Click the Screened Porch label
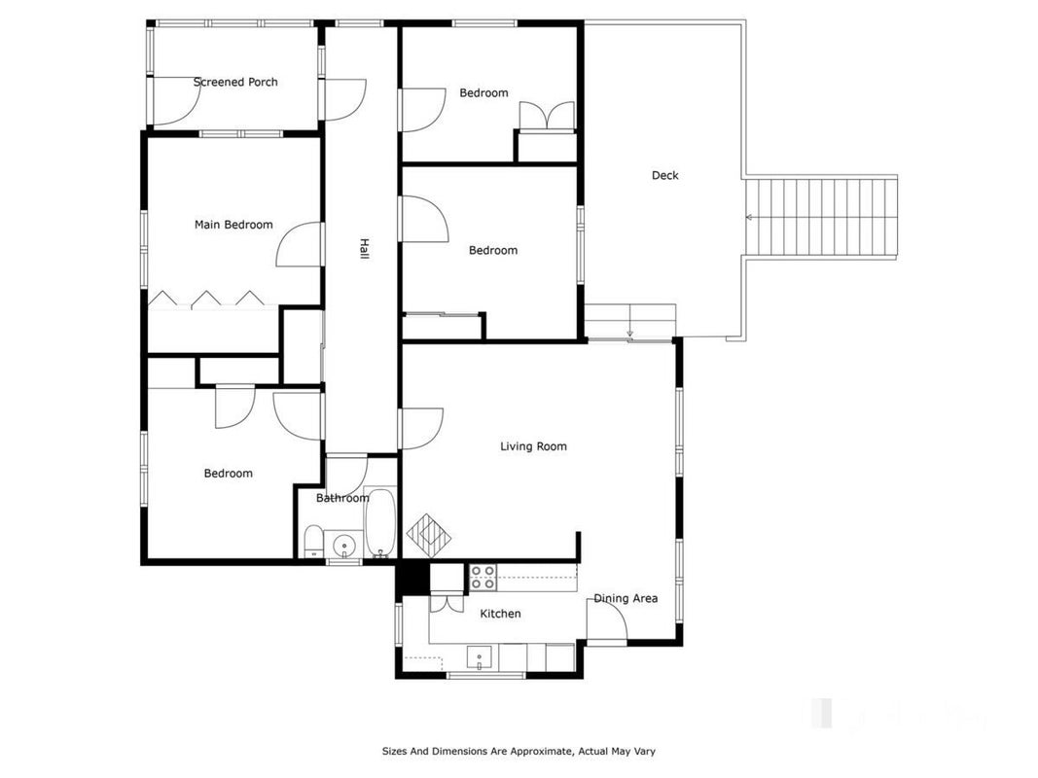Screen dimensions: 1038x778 pyautogui.click(x=235, y=82)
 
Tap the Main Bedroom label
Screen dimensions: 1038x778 pyautogui.click(x=233, y=225)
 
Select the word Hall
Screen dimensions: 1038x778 pyautogui.click(x=364, y=249)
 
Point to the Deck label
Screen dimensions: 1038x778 pyautogui.click(x=665, y=175)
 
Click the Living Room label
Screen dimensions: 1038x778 pyautogui.click(x=533, y=446)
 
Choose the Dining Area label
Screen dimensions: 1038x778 pyautogui.click(x=626, y=598)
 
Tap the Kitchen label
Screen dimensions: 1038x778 pyautogui.click(x=500, y=614)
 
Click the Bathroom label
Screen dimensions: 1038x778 pyautogui.click(x=342, y=498)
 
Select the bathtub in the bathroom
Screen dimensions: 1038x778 pyautogui.click(x=380, y=522)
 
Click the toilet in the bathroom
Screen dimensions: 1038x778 pyautogui.click(x=313, y=541)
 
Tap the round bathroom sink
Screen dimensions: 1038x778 pyautogui.click(x=344, y=546)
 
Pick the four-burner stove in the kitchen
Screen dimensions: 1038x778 pyautogui.click(x=483, y=578)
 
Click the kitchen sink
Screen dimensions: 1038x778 pyautogui.click(x=480, y=657)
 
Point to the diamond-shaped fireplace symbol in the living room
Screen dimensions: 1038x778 pyautogui.click(x=429, y=535)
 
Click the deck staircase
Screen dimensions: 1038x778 pyautogui.click(x=821, y=217)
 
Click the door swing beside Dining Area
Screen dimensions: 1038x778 pyautogui.click(x=607, y=619)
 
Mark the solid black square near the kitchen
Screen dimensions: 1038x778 pyautogui.click(x=412, y=577)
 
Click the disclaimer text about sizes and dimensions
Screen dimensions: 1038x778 pyautogui.click(x=519, y=751)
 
